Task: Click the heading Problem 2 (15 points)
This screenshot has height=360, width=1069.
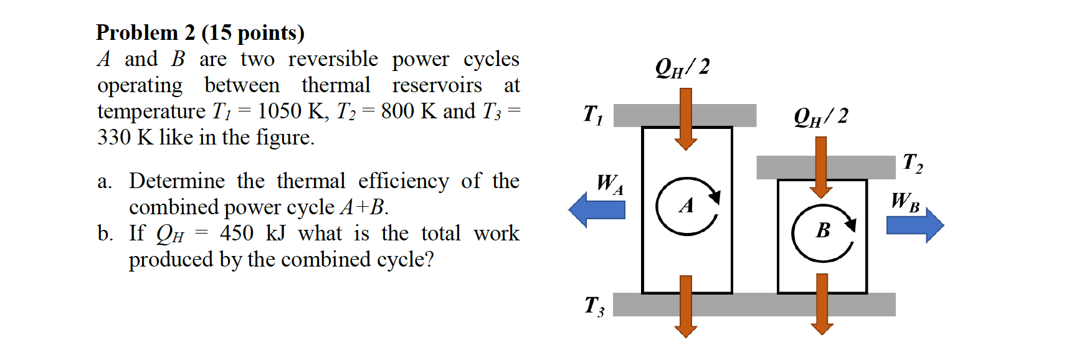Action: click(x=200, y=32)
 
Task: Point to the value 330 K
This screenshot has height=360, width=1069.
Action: click(x=125, y=137)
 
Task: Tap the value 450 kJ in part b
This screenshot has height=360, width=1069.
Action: click(x=252, y=233)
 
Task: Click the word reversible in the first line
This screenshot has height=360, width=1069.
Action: click(x=333, y=59)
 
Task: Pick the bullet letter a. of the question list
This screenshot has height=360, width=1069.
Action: click(x=105, y=181)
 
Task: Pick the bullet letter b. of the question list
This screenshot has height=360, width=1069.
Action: click(x=105, y=234)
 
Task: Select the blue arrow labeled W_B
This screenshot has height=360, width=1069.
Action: click(x=915, y=225)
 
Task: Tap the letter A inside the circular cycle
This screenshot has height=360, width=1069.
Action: click(x=687, y=206)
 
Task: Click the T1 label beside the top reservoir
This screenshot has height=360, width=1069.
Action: click(x=592, y=114)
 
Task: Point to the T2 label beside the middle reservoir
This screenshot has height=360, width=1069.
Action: click(x=913, y=163)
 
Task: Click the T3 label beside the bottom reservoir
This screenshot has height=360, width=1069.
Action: click(x=594, y=306)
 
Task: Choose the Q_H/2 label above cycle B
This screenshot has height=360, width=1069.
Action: click(x=820, y=116)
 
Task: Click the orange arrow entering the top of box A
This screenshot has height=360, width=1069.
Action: click(x=685, y=119)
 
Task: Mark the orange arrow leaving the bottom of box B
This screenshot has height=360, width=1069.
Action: click(x=822, y=305)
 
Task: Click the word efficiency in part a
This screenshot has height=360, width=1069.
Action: click(x=403, y=181)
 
